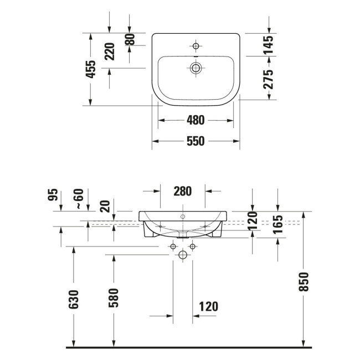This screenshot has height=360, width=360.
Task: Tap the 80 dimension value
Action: point(130,39)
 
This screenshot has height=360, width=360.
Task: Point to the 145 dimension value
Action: point(268,44)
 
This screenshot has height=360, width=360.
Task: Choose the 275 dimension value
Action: point(268,79)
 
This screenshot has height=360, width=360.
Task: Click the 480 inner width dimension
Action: point(196,120)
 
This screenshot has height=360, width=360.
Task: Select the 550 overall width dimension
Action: point(196,141)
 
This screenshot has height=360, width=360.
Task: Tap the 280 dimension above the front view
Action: point(182,191)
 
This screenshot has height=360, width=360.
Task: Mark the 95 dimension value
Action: point(53,196)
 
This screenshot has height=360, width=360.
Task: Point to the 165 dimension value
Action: point(278,224)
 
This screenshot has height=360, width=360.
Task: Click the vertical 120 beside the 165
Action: point(253,220)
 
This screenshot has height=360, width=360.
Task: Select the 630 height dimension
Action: point(74,299)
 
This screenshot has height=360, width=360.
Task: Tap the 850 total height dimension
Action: point(304,282)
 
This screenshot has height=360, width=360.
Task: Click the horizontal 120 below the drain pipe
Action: point(208,306)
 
